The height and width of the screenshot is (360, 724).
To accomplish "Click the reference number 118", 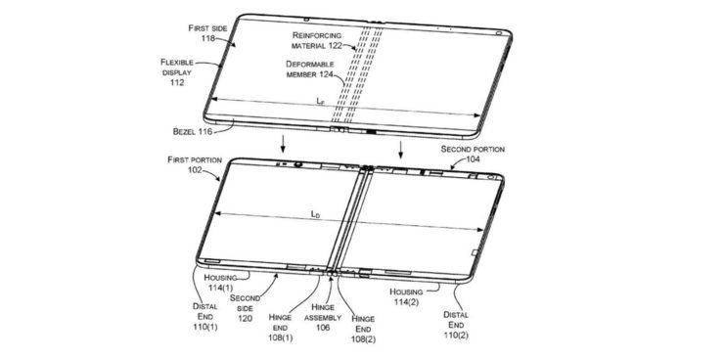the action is (208, 39).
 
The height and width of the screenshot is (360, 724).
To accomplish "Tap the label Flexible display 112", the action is (177, 72).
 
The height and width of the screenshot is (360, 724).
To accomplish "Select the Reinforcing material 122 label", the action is (317, 40).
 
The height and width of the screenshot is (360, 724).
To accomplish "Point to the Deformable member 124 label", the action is (310, 68).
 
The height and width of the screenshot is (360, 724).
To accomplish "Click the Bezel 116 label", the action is (193, 131).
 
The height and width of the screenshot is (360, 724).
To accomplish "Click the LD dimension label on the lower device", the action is (315, 214).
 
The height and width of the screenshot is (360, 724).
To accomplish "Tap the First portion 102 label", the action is (195, 164).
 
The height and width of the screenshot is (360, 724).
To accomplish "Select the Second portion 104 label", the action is (473, 155).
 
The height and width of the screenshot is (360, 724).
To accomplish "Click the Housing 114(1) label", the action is (220, 283).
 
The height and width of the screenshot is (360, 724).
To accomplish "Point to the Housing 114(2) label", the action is (406, 296).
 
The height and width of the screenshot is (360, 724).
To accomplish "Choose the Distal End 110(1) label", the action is (204, 316).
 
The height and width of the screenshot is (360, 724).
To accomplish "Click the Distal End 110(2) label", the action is (456, 325).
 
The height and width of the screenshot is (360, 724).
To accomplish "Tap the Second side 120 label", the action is (245, 308).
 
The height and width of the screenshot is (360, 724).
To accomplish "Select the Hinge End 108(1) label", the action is (280, 328).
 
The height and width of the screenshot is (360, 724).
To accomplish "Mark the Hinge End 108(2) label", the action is (363, 328).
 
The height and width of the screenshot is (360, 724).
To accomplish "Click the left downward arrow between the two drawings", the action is (283, 144).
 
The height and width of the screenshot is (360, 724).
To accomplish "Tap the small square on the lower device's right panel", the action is (475, 252).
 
